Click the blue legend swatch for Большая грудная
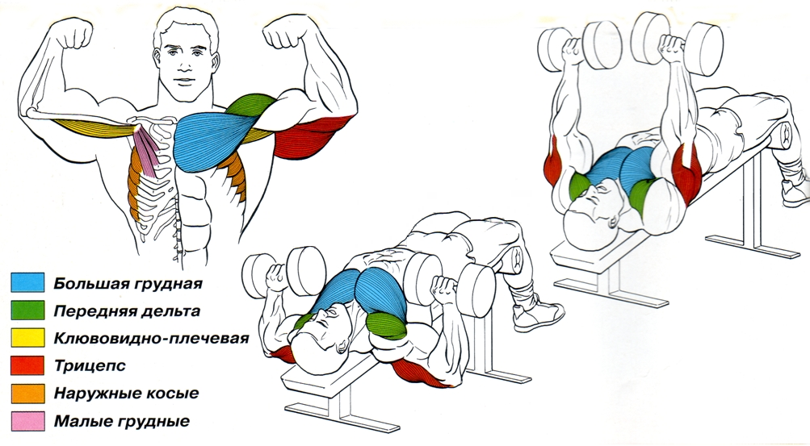27,282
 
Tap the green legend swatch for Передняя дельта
27,310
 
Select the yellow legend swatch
27,338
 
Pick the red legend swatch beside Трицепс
27,365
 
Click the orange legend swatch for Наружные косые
27,394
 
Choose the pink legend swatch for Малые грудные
27,421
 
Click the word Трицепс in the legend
90,367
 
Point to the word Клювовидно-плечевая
151,339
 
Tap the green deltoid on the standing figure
250,106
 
